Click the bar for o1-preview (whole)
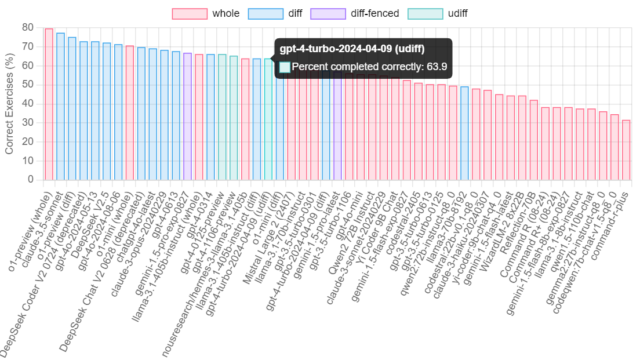click(49, 104)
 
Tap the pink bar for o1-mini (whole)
click(130, 112)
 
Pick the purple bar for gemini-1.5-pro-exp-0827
click(187, 116)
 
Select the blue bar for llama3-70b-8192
click(464, 133)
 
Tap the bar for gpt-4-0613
click(176, 115)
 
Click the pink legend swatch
click(190, 14)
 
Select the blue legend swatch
click(266, 14)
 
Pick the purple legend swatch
click(328, 14)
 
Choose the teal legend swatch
click(426, 14)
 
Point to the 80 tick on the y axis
click(28, 27)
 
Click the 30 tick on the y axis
click(28, 122)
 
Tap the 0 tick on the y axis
click(31, 179)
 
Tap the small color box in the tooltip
click(285, 67)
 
